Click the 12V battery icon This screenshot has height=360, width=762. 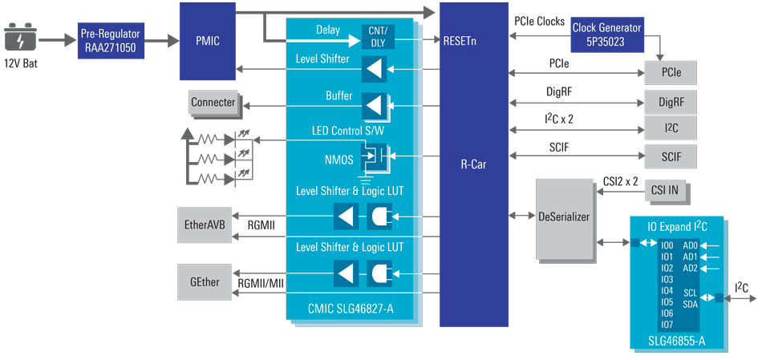[21, 38]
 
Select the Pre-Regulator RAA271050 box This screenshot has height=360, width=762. [110, 39]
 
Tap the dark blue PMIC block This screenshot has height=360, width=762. [207, 40]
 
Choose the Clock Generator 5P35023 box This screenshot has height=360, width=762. [606, 33]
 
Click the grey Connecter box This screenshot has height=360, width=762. [213, 103]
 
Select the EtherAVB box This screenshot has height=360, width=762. [205, 225]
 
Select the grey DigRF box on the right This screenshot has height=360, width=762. [670, 102]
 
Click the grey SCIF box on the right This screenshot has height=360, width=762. [670, 156]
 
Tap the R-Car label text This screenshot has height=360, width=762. [473, 164]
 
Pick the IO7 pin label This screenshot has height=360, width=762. [667, 325]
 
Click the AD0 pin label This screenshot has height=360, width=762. [690, 245]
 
